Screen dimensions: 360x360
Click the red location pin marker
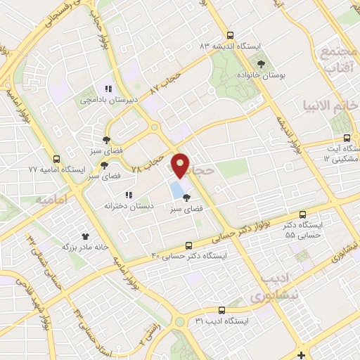pos(181,166)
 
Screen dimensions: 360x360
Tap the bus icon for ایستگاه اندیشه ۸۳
pos(230,36)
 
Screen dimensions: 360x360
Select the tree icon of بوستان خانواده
pos(262,63)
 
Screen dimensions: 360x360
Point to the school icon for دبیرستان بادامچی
pos(108,89)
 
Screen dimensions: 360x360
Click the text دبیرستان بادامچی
pos(105,101)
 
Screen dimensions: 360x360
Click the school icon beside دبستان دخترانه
pos(127,195)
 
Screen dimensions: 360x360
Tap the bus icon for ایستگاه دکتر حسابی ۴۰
pos(188,245)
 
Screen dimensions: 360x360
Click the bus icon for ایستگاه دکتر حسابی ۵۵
pos(303,214)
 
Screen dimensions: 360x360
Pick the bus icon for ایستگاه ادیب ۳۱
pos(221,310)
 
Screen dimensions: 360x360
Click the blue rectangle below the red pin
pos(174,188)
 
